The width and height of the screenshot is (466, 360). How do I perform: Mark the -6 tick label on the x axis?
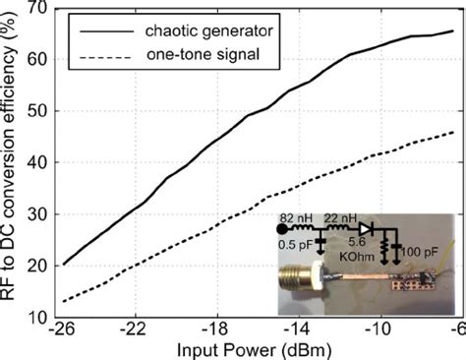click(453, 330)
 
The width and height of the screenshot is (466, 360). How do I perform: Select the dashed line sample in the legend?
click(96, 52)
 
